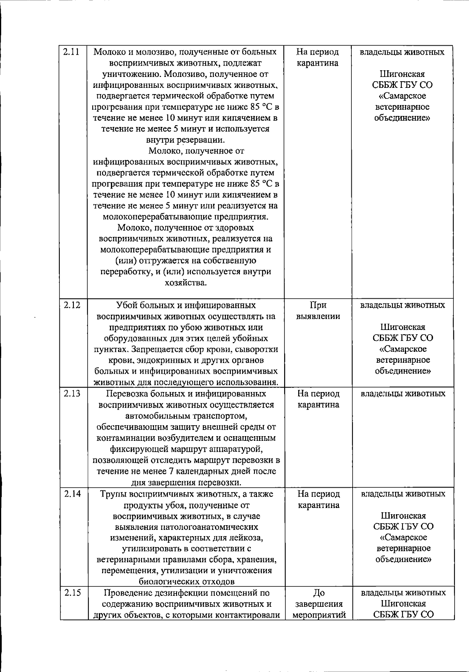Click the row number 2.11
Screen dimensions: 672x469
pos(72,52)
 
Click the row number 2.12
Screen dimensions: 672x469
pos(72,305)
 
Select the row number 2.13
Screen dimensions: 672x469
pos(72,394)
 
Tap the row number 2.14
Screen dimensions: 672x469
pos(72,494)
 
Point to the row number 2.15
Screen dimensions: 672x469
pos(72,592)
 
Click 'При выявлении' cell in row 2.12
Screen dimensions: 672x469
pos(318,311)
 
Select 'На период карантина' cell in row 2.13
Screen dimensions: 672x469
pos(318,399)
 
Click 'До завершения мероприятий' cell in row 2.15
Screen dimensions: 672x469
pos(319,604)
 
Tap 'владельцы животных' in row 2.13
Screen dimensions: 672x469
pos(403,394)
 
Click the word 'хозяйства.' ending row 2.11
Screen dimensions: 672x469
pos(186,283)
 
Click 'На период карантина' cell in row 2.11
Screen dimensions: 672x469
pos(317,57)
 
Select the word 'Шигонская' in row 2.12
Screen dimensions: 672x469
pos(403,327)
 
